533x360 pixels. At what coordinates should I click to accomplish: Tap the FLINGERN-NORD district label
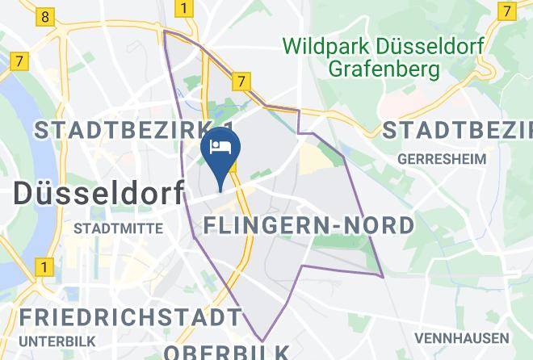(x=309, y=224)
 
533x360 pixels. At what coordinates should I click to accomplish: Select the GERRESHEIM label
(x=443, y=159)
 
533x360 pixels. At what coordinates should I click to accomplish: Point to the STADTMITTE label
(x=118, y=228)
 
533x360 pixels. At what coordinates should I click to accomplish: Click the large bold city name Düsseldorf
(x=99, y=194)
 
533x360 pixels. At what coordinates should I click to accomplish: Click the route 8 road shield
(x=45, y=16)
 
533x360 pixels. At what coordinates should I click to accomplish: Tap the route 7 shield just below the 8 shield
(x=20, y=61)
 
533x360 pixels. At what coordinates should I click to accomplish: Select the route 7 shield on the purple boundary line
(x=240, y=82)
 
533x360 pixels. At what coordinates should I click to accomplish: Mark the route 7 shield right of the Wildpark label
(x=506, y=11)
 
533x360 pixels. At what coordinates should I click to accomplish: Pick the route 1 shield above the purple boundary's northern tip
(x=185, y=10)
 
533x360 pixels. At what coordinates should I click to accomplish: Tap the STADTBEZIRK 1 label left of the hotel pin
(x=134, y=129)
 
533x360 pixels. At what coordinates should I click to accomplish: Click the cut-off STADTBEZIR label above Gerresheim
(x=457, y=129)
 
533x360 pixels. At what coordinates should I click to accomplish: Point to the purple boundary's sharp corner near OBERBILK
(x=262, y=341)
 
